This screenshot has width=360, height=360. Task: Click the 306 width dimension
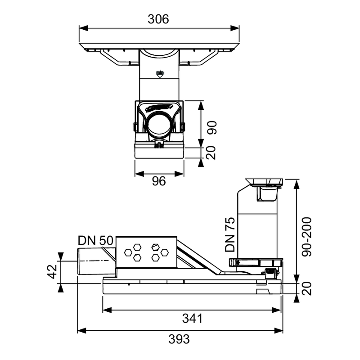[x=158, y=19]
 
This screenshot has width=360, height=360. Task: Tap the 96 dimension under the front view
[x=159, y=181]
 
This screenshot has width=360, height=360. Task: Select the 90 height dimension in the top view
[x=211, y=127]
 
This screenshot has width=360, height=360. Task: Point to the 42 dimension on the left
[x=52, y=271]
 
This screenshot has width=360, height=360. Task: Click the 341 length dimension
[x=193, y=319]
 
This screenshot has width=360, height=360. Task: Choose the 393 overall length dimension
[x=179, y=339]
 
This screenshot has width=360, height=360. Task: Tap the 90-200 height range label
[x=307, y=237]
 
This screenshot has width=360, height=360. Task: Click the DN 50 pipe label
[x=95, y=241]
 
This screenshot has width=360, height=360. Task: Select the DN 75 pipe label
[x=230, y=234]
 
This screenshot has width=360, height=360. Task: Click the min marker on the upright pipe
[x=160, y=74]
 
